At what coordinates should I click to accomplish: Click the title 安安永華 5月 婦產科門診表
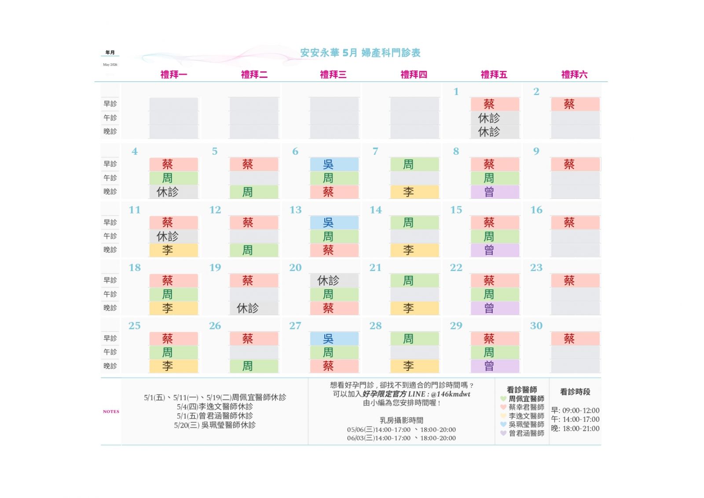pyautogui.click(x=360, y=53)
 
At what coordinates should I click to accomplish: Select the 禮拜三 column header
pyautogui.click(x=333, y=75)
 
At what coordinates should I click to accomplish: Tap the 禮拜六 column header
pyautogui.click(x=574, y=75)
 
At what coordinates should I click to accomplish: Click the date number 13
pyautogui.click(x=296, y=210)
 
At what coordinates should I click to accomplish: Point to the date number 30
pyautogui.click(x=536, y=326)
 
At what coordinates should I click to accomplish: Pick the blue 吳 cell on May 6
pyautogui.click(x=334, y=165)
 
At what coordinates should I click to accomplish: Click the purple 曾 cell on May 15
pyautogui.click(x=495, y=250)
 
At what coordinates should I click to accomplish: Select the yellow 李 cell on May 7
pyautogui.click(x=414, y=192)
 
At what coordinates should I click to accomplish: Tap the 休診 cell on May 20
pyautogui.click(x=334, y=281)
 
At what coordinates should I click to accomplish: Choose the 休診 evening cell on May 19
pyautogui.click(x=253, y=308)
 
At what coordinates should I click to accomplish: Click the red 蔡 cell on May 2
pyautogui.click(x=575, y=104)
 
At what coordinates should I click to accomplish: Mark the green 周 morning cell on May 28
pyautogui.click(x=414, y=339)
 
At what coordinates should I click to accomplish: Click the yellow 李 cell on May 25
pyautogui.click(x=173, y=366)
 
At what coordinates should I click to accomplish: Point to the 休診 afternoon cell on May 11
pyautogui.click(x=173, y=237)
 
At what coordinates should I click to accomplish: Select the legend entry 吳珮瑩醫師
pyautogui.click(x=526, y=425)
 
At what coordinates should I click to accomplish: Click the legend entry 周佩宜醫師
pyautogui.click(x=526, y=399)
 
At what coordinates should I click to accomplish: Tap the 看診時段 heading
pyautogui.click(x=575, y=392)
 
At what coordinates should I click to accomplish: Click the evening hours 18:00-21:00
pyautogui.click(x=580, y=428)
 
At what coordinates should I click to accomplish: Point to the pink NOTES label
pyautogui.click(x=111, y=412)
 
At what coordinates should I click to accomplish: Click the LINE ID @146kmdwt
pyautogui.click(x=451, y=394)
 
